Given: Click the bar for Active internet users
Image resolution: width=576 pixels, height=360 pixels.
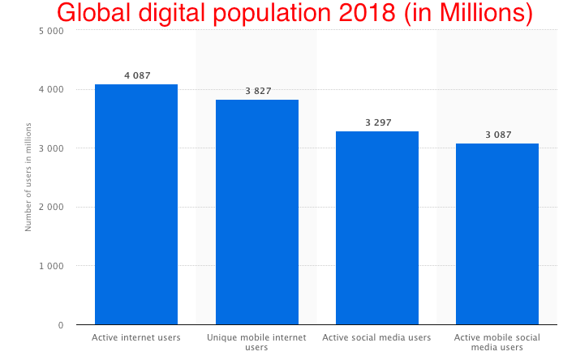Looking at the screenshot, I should coord(136,204).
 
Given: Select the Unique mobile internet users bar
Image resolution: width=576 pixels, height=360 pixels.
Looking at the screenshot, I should coord(256,212).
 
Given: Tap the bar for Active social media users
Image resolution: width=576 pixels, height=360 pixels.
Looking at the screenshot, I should coord(377,228).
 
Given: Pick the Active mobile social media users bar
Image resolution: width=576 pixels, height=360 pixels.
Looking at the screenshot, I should coord(497,234).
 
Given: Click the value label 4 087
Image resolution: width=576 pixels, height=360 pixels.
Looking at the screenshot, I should coord(136,75).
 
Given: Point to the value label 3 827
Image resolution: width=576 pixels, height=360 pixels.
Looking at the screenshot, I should coord(257,91).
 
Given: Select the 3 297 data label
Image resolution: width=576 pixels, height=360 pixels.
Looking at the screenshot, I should coord(377,122).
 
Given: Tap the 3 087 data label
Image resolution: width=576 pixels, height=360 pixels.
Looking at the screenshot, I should coord(497,135).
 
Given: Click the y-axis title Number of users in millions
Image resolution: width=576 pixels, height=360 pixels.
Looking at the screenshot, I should coord(28,177).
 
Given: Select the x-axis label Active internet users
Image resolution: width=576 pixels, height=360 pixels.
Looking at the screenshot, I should coord(136,336).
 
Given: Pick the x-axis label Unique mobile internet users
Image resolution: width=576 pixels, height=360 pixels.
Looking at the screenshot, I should coord(256,341).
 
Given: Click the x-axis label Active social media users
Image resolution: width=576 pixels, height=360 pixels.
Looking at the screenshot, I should coord(376,336).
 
